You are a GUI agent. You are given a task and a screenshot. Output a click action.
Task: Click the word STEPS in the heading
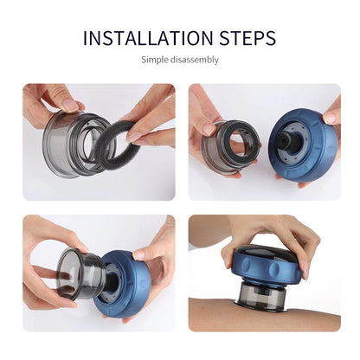click(247, 38)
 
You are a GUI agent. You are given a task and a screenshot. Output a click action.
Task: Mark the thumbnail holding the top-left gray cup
click(68, 104)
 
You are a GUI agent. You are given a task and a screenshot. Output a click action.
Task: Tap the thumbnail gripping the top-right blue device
click(330, 117)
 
